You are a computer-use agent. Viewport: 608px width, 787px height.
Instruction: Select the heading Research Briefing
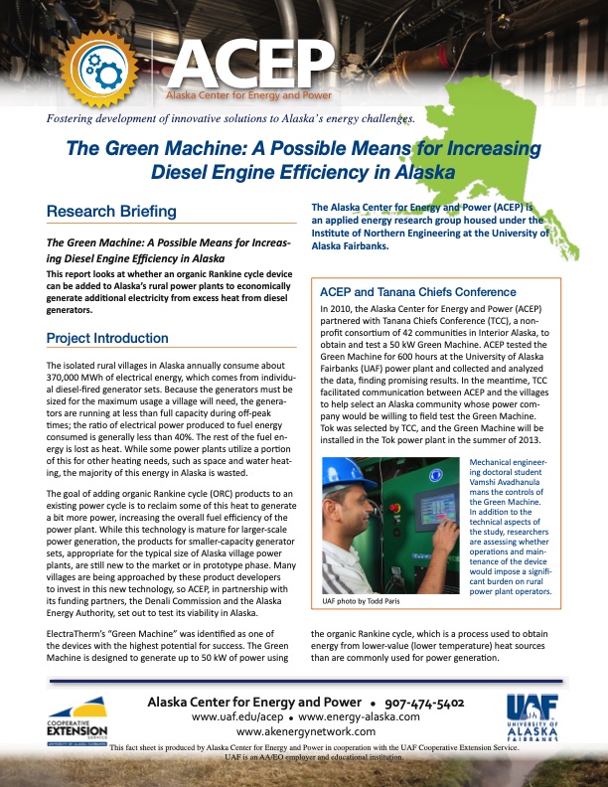click(x=111, y=212)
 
